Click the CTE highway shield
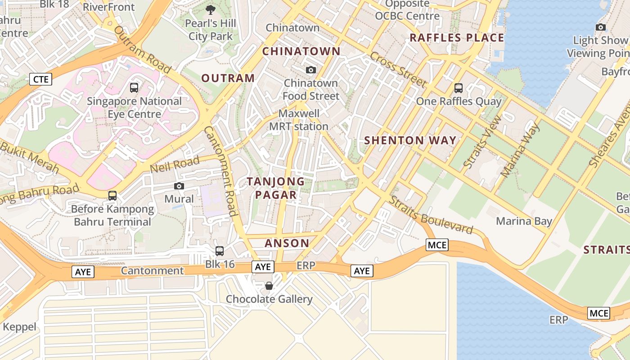[x=40, y=80]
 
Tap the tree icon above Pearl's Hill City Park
[x=210, y=10]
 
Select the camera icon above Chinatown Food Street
[x=310, y=70]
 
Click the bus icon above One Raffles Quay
[x=459, y=88]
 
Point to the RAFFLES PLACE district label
[x=457, y=38]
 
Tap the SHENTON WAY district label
[x=410, y=140]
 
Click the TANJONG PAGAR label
[x=275, y=188]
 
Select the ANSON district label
[x=287, y=243]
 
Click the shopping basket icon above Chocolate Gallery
[x=269, y=286]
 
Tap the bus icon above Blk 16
[x=220, y=251]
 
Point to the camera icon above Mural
[x=179, y=186]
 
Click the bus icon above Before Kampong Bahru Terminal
[x=112, y=196]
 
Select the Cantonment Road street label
[x=221, y=171]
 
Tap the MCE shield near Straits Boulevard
[x=437, y=245]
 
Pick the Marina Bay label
[x=524, y=221]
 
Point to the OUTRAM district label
[x=228, y=78]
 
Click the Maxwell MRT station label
[x=299, y=120]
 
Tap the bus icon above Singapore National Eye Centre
[x=134, y=88]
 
